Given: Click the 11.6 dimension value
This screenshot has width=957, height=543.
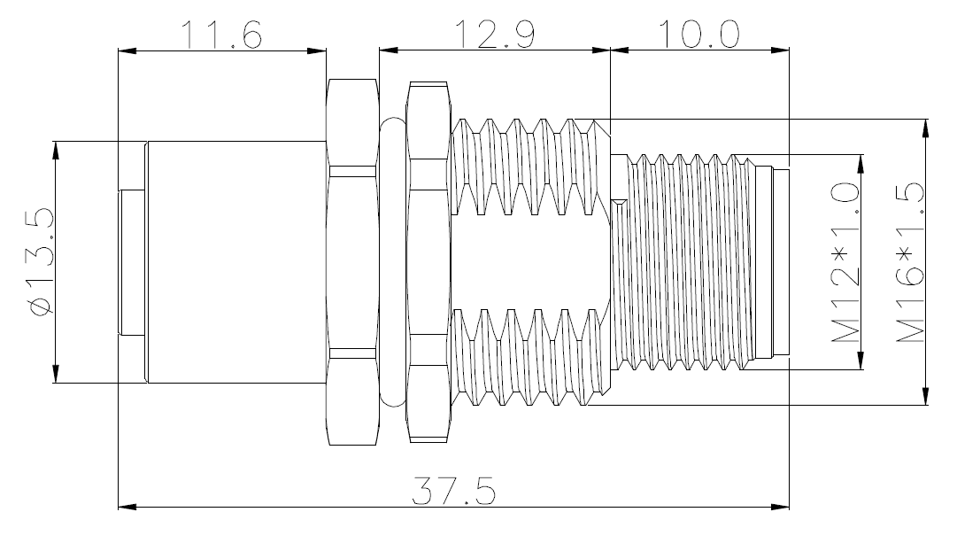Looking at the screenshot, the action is (221, 35).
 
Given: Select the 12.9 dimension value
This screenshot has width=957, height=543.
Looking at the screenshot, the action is (494, 35).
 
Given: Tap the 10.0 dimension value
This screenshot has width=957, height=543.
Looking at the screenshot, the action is (699, 35).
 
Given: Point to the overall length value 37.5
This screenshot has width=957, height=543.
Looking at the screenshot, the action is (453, 491).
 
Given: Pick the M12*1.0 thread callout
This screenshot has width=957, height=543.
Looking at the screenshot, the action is (846, 262).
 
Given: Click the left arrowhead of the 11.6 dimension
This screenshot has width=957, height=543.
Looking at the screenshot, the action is (127, 50).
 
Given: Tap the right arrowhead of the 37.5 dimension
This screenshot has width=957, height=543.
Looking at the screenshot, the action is (780, 507).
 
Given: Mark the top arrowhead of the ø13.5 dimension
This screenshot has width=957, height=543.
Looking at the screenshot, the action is (56, 151).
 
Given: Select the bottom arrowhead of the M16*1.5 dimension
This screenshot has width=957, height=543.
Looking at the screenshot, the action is (926, 395).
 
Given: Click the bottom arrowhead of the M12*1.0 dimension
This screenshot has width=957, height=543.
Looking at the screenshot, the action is (861, 360).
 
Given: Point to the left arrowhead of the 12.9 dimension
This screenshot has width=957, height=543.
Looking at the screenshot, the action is (388, 50).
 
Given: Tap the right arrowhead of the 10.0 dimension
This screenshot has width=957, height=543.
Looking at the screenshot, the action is (780, 50).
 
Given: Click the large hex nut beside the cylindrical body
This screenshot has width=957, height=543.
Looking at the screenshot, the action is (352, 262).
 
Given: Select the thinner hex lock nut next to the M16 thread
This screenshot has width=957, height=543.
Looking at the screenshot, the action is (428, 262).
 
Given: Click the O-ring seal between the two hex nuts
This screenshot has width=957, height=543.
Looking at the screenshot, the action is (392, 262).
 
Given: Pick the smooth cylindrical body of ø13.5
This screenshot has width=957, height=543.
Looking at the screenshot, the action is (236, 262).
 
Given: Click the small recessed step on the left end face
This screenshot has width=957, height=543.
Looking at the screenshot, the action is (133, 262).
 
